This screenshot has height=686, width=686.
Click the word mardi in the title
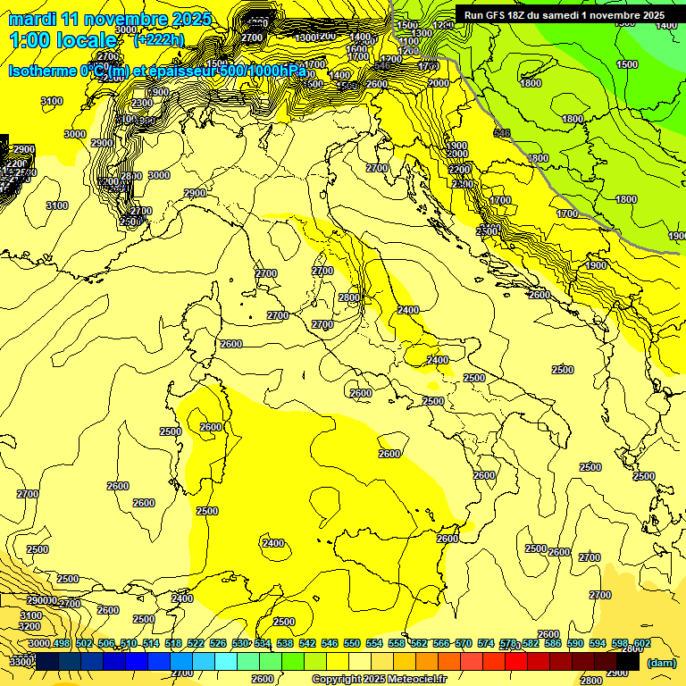tap(32, 19)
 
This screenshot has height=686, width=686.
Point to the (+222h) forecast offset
tap(158, 40)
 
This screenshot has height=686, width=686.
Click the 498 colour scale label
tap(61, 643)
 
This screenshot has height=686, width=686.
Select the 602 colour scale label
tap(641, 643)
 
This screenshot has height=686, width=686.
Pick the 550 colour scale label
tap(351, 643)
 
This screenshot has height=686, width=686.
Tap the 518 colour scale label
tap(172, 643)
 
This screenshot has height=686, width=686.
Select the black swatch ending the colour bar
tap(628, 661)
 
